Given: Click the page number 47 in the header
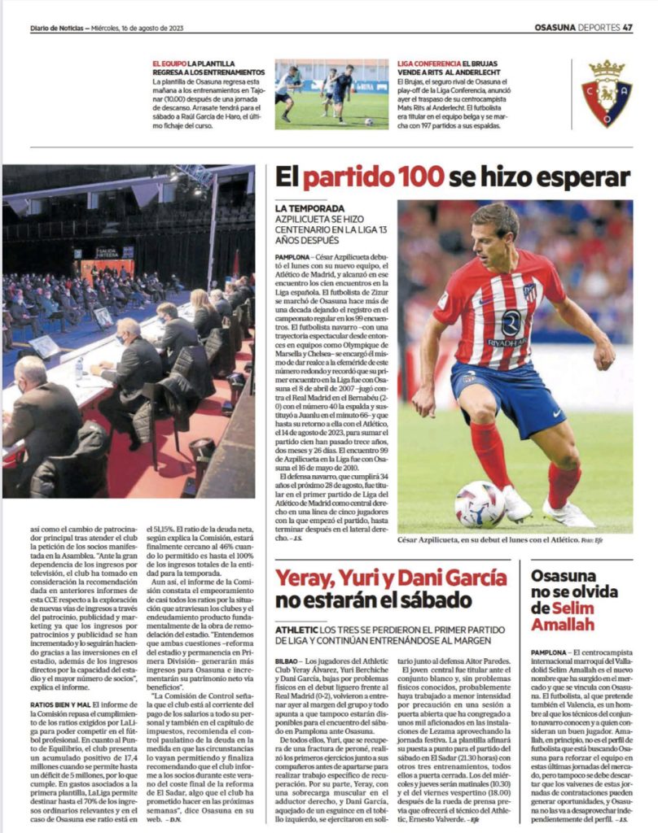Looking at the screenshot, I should (x=627, y=27).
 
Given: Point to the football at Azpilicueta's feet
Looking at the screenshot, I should (x=480, y=504).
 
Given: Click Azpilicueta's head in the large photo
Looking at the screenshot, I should (x=495, y=229).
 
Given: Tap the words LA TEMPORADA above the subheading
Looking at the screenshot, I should (x=310, y=208).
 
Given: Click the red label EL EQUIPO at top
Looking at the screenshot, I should (x=169, y=63).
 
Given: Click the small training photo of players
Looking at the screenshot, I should (x=331, y=94).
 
